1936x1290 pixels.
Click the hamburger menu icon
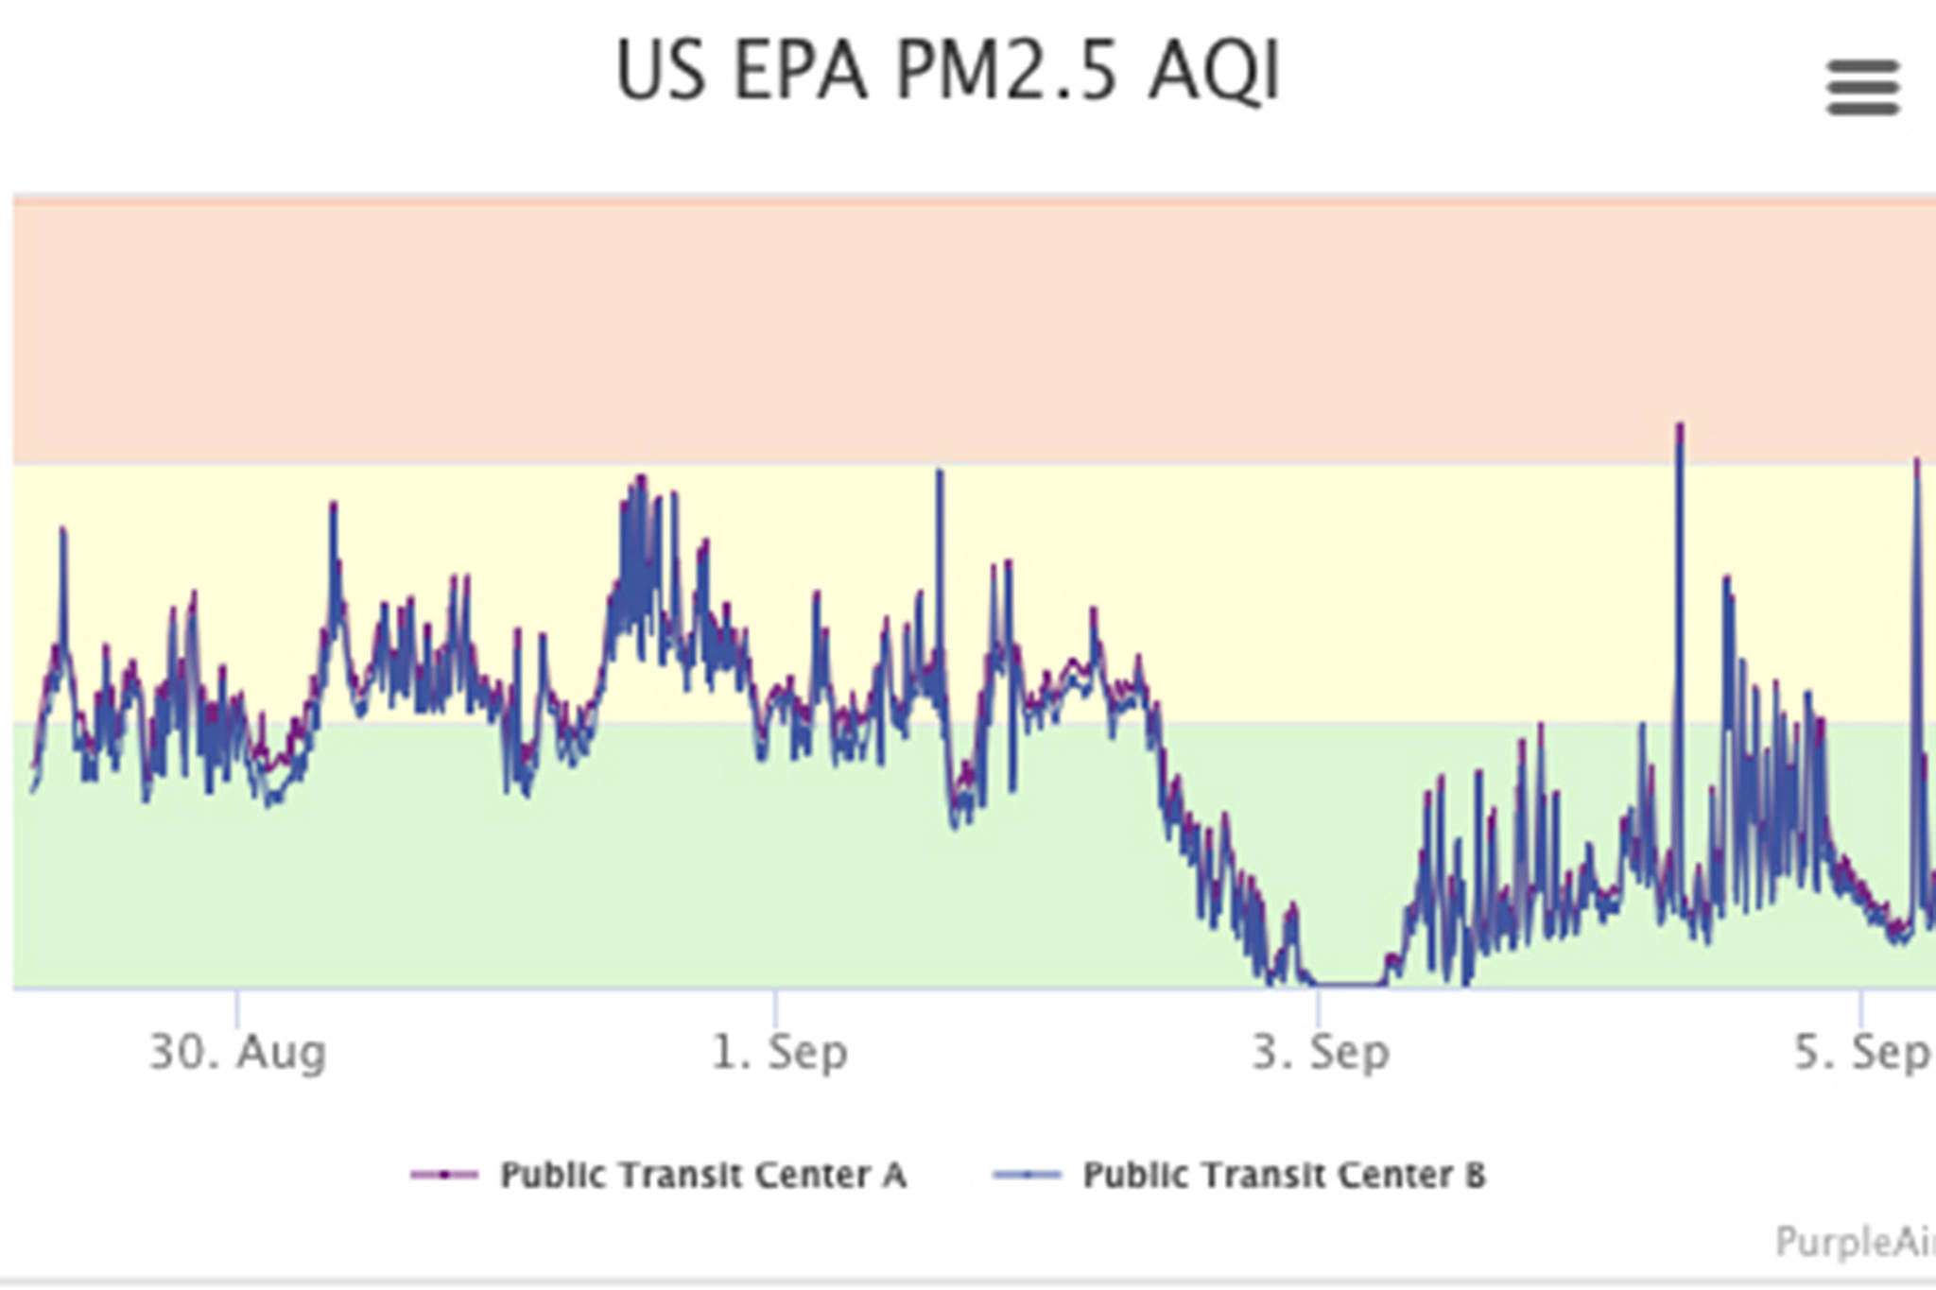(x=1862, y=87)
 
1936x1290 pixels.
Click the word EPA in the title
(x=800, y=71)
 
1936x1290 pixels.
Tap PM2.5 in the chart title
(x=1008, y=71)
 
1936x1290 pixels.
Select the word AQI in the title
(x=1215, y=71)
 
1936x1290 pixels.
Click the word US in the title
(x=661, y=71)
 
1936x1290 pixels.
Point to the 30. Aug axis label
(x=237, y=1052)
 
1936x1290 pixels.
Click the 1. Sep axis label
(x=779, y=1052)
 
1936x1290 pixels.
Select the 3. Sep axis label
(x=1321, y=1052)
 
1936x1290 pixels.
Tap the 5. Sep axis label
(x=1861, y=1052)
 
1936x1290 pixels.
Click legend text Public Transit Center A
(x=703, y=1175)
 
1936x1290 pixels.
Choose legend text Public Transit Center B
(x=1284, y=1175)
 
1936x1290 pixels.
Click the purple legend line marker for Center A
(x=444, y=1175)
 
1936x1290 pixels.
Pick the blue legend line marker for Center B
(x=1027, y=1175)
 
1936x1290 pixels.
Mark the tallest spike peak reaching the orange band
(x=1680, y=427)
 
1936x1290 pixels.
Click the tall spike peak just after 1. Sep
(x=940, y=472)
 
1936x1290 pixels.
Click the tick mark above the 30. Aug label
(x=237, y=1007)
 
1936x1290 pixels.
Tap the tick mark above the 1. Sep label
(x=776, y=1007)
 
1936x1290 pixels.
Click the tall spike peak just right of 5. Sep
(x=1917, y=461)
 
